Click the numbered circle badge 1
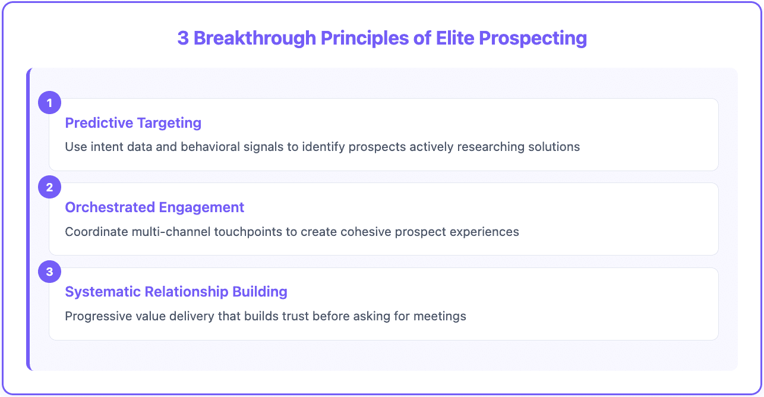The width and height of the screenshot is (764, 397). pyautogui.click(x=49, y=103)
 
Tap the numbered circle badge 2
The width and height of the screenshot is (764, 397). pyautogui.click(x=49, y=187)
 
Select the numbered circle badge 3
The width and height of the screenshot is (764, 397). pyautogui.click(x=49, y=272)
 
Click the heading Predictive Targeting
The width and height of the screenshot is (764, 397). pyautogui.click(x=133, y=123)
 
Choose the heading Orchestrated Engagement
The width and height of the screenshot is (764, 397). pyautogui.click(x=154, y=207)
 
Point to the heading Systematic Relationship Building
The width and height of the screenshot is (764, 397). pyautogui.click(x=176, y=292)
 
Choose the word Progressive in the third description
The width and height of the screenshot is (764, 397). pyautogui.click(x=94, y=316)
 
